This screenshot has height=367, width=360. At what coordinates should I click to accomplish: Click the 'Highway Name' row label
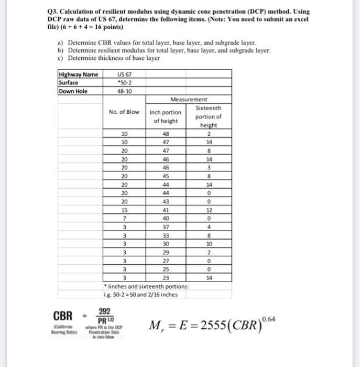tap(78, 74)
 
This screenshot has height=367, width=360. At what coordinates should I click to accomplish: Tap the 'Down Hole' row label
tap(74, 91)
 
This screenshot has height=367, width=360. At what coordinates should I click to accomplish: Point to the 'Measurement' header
tap(189, 99)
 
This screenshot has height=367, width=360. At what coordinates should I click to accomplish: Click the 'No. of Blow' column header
tap(124, 112)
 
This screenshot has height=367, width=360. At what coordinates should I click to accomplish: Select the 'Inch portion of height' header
tap(166, 116)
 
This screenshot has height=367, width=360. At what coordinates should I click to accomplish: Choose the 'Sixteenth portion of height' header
tap(208, 116)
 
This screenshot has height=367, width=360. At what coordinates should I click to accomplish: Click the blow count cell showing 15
tap(124, 210)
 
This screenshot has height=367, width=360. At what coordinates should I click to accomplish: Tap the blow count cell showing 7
tap(124, 218)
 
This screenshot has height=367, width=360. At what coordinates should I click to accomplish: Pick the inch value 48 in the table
tap(166, 134)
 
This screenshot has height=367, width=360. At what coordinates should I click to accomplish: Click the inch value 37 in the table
tap(166, 227)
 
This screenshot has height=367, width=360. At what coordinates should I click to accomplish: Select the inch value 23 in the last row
tap(166, 278)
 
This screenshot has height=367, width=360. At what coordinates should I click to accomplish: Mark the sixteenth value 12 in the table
tap(208, 210)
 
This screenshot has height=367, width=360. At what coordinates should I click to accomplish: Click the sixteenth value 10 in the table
tap(208, 244)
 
